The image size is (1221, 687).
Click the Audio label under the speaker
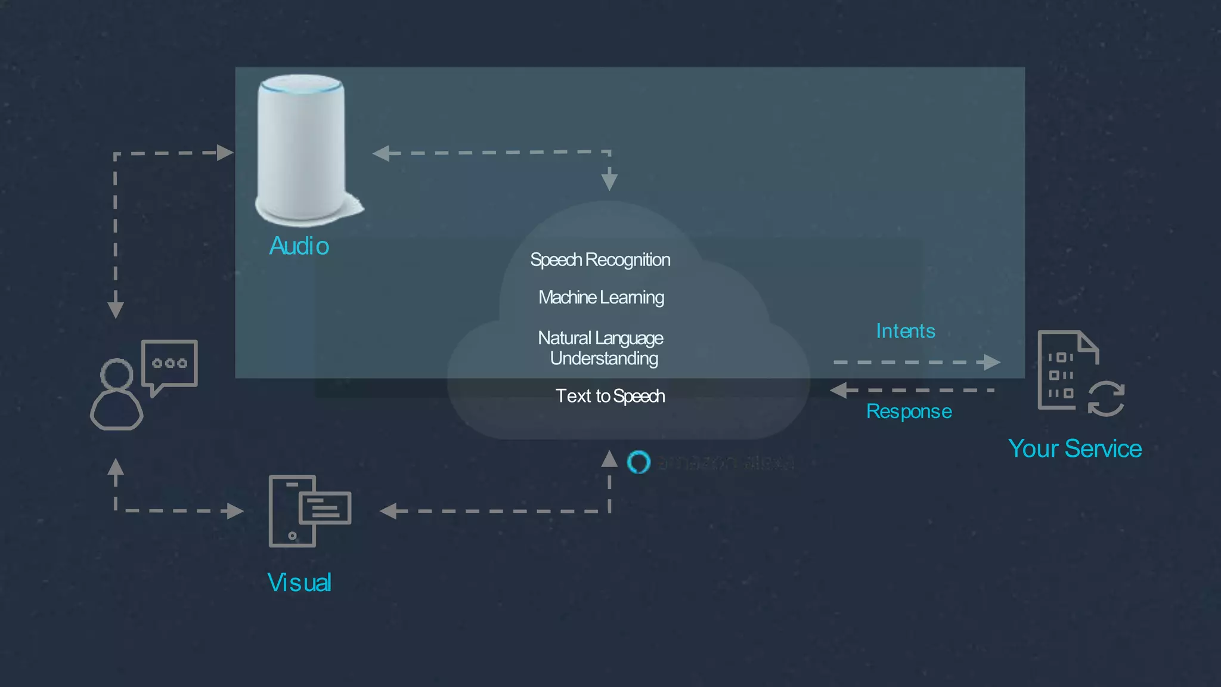pyautogui.click(x=299, y=246)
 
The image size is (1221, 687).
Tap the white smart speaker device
pyautogui.click(x=302, y=149)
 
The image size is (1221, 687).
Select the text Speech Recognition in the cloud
pyautogui.click(x=600, y=260)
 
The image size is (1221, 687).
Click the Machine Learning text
pyautogui.click(x=601, y=297)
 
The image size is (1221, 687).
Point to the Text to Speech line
pyautogui.click(x=610, y=396)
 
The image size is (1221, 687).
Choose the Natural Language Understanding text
pyautogui.click(x=601, y=348)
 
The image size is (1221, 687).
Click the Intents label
pyautogui.click(x=905, y=331)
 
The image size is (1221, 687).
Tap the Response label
pyautogui.click(x=909, y=411)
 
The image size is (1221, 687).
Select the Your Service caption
pyautogui.click(x=1074, y=448)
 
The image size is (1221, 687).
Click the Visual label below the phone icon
pyautogui.click(x=299, y=583)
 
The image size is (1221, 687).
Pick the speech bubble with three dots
pyautogui.click(x=169, y=364)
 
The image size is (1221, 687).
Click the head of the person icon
pyautogui.click(x=117, y=374)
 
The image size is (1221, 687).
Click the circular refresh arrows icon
pyautogui.click(x=1106, y=398)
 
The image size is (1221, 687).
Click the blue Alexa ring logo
pyautogui.click(x=639, y=462)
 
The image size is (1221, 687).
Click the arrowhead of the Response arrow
pyautogui.click(x=838, y=391)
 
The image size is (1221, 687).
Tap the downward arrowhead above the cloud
pyautogui.click(x=609, y=180)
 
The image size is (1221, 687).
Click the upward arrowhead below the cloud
pyautogui.click(x=609, y=459)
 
